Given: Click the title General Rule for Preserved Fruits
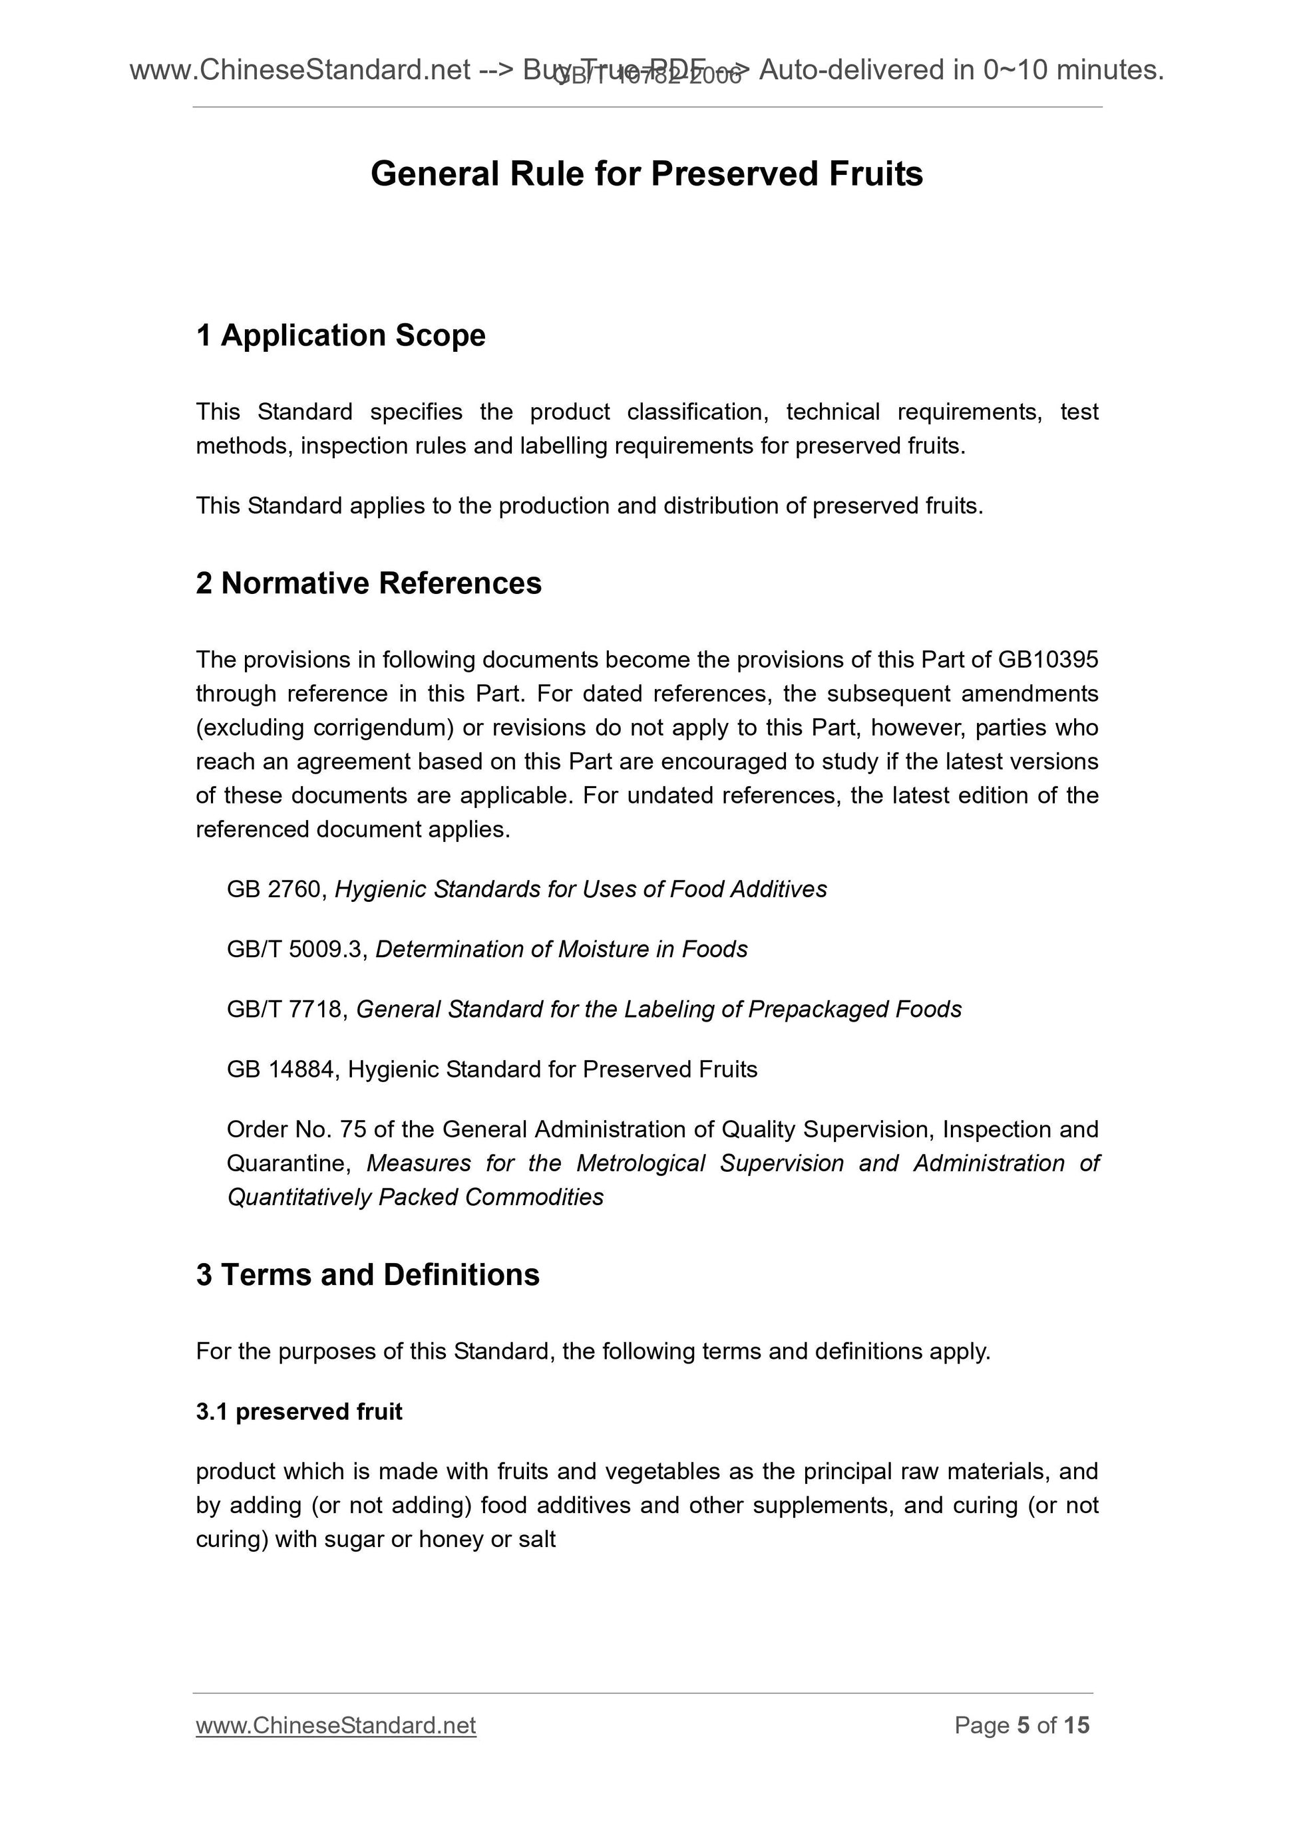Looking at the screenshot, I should [646, 174].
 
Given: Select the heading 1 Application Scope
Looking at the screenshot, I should [341, 336].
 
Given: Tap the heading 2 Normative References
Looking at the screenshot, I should [369, 584].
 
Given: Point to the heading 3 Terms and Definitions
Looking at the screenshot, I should [368, 1275].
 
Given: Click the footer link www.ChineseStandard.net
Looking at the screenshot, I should [336, 1726].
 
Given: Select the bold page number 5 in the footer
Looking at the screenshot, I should [1023, 1726].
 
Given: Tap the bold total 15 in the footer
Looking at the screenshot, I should [1076, 1726].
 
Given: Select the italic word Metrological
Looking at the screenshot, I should [641, 1163].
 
